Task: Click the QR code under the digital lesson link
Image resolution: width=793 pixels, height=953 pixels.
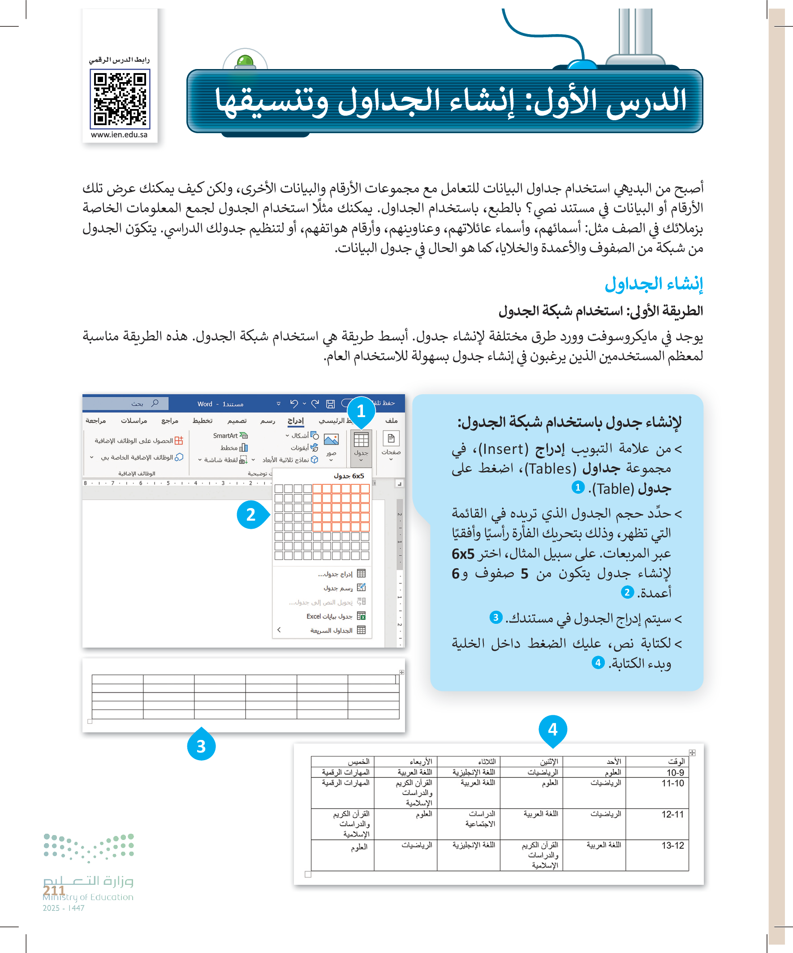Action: [x=120, y=99]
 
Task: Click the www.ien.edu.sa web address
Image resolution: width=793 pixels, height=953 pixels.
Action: [x=119, y=135]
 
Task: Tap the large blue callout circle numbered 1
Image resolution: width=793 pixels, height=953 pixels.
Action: [x=361, y=411]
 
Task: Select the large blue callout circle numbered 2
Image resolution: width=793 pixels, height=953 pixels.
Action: [x=251, y=515]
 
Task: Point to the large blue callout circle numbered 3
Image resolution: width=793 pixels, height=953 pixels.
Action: [x=201, y=746]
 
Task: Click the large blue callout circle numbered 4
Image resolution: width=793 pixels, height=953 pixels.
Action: [x=552, y=729]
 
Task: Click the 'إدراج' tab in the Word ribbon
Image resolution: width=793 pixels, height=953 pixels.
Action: [x=296, y=421]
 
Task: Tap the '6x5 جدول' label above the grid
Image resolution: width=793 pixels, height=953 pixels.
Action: [x=349, y=475]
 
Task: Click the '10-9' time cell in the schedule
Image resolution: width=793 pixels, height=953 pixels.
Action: [x=675, y=772]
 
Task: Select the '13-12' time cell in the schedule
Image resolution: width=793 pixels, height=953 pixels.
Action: [x=672, y=845]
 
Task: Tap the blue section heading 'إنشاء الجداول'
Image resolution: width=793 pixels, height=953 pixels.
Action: [x=653, y=283]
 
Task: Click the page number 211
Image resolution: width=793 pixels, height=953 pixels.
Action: [x=54, y=890]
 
